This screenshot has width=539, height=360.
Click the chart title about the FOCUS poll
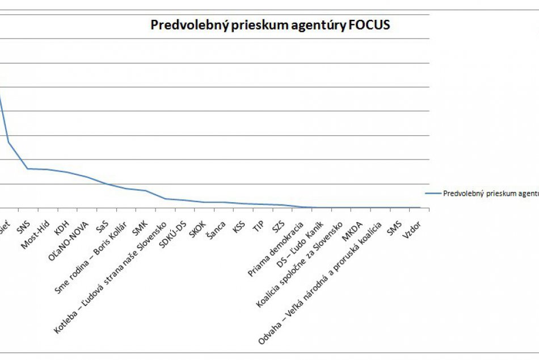coord(270,25)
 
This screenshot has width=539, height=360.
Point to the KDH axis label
coord(61,225)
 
